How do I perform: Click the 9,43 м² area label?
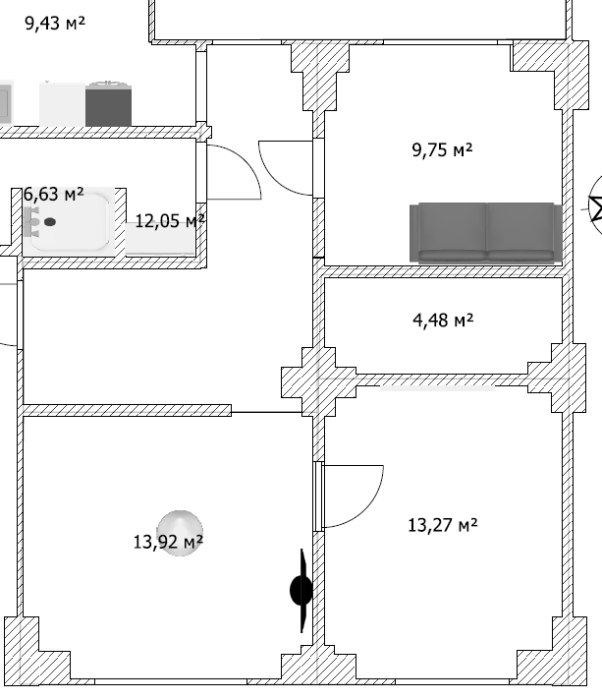coord(55,23)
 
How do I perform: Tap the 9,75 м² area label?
coord(442,149)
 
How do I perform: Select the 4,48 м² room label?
coord(443,321)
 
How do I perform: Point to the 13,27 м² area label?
coord(443,525)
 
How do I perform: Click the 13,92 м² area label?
coord(168,542)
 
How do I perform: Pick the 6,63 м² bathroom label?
coord(53,195)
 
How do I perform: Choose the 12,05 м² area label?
coord(170,221)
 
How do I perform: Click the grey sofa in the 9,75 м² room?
coord(485,232)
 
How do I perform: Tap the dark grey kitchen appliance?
coord(108,104)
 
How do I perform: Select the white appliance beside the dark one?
coord(62,104)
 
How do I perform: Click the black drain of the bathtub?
coord(50,222)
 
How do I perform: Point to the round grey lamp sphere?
coord(180,533)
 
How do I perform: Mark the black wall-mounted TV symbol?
coord(301,591)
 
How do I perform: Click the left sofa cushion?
coord(453,232)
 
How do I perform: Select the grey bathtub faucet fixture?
coord(32,222)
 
